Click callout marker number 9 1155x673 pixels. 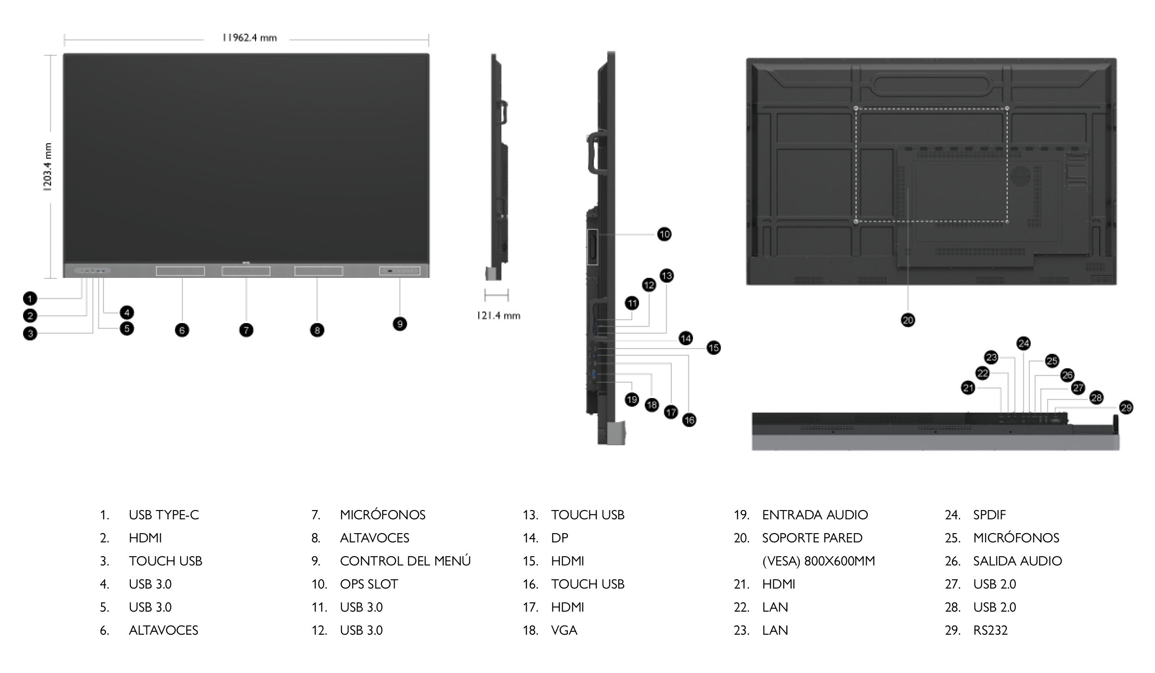(x=400, y=324)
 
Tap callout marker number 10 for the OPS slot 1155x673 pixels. (x=664, y=234)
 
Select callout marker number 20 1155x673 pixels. (x=908, y=320)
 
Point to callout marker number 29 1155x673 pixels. (x=1126, y=408)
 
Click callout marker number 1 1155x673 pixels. (x=30, y=299)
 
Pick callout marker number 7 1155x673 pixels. (x=246, y=330)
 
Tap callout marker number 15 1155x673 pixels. (x=713, y=348)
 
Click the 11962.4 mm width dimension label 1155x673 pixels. (x=249, y=38)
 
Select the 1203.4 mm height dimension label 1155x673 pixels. (x=48, y=167)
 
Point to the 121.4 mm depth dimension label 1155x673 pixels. (x=498, y=316)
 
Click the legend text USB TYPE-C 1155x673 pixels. (x=164, y=515)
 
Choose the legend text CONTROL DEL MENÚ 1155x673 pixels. (x=405, y=561)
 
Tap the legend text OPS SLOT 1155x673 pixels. (x=369, y=584)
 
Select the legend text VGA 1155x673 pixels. (x=564, y=630)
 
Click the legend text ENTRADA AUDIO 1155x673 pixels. (x=815, y=515)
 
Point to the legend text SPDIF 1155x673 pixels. (x=989, y=515)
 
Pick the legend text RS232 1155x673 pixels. (x=990, y=630)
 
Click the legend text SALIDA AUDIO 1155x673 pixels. (x=1017, y=561)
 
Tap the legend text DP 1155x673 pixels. (x=559, y=538)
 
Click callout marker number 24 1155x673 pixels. (x=1023, y=343)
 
